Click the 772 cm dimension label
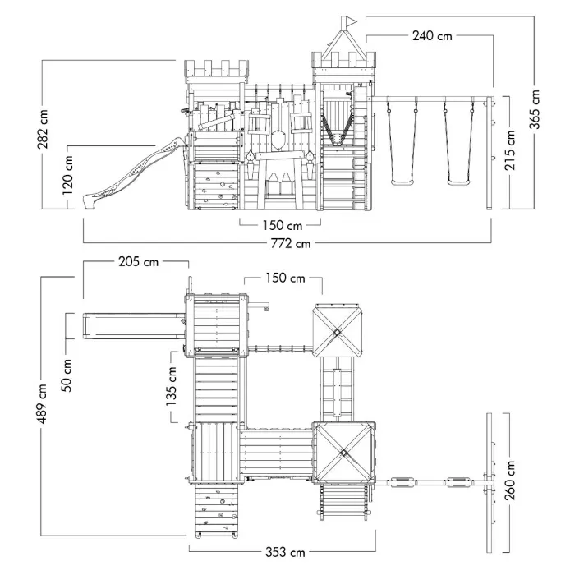292,244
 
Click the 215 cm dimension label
510,153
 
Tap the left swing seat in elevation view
402,181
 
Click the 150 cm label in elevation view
281,224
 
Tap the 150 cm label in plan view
286,278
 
